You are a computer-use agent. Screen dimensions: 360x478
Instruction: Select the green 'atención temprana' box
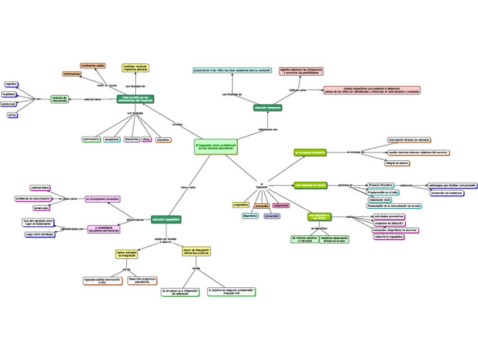click(x=268, y=107)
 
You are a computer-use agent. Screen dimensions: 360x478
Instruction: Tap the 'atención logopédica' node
click(x=166, y=219)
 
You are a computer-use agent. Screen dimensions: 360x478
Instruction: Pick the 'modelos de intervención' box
click(x=59, y=99)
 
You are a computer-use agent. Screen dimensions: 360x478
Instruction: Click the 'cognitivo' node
click(x=11, y=84)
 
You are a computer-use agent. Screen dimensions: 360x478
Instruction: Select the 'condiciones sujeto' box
click(x=93, y=65)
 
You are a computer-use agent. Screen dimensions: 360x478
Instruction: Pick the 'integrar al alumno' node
click(x=397, y=163)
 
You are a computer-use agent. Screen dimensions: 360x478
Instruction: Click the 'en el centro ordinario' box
click(x=309, y=152)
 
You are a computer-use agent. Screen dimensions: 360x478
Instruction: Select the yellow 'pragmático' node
click(x=241, y=205)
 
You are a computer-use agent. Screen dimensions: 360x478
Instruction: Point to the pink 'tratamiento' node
click(x=281, y=205)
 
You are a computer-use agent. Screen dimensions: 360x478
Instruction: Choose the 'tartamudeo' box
click(x=41, y=208)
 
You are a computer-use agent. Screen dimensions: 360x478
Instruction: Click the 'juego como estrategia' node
click(x=39, y=234)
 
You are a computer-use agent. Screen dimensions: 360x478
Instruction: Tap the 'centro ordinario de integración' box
click(x=127, y=254)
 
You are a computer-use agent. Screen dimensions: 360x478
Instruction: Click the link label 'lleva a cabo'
click(x=188, y=187)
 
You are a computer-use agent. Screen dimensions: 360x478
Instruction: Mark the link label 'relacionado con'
click(x=268, y=129)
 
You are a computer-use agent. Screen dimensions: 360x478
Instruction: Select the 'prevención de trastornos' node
click(x=446, y=193)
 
